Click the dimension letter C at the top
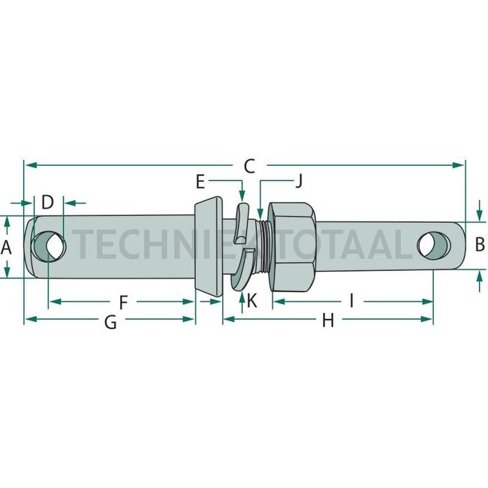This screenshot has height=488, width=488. [x=249, y=166]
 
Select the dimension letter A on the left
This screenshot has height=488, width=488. [x=6, y=248]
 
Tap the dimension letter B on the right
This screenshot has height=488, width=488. [x=480, y=244]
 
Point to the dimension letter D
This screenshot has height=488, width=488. [x=47, y=202]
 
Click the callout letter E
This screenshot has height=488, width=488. [x=200, y=182]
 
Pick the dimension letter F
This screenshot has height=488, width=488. [x=124, y=303]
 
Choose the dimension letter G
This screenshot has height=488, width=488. [x=110, y=322]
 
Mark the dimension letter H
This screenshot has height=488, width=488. [x=328, y=321]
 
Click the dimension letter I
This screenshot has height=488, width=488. [x=351, y=301]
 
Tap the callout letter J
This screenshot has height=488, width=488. [x=299, y=182]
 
